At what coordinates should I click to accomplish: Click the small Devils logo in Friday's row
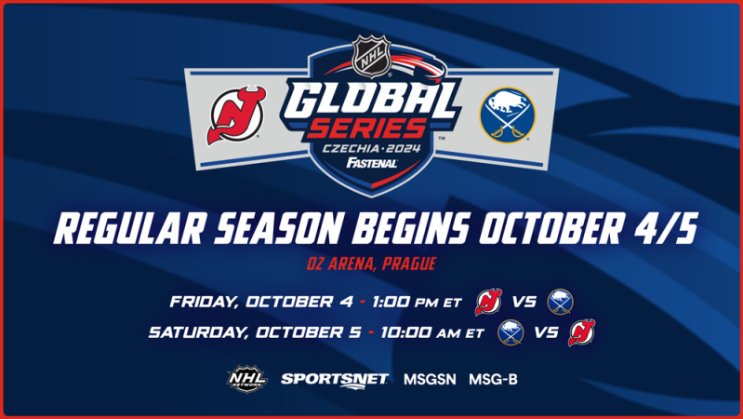pyautogui.click(x=488, y=302)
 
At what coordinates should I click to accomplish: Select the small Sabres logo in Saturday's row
pyautogui.click(x=511, y=332)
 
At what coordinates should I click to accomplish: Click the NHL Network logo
pyautogui.click(x=247, y=378)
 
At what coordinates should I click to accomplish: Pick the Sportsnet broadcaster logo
pyautogui.click(x=322, y=379)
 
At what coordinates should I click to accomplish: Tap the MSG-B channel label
pyautogui.click(x=492, y=379)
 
